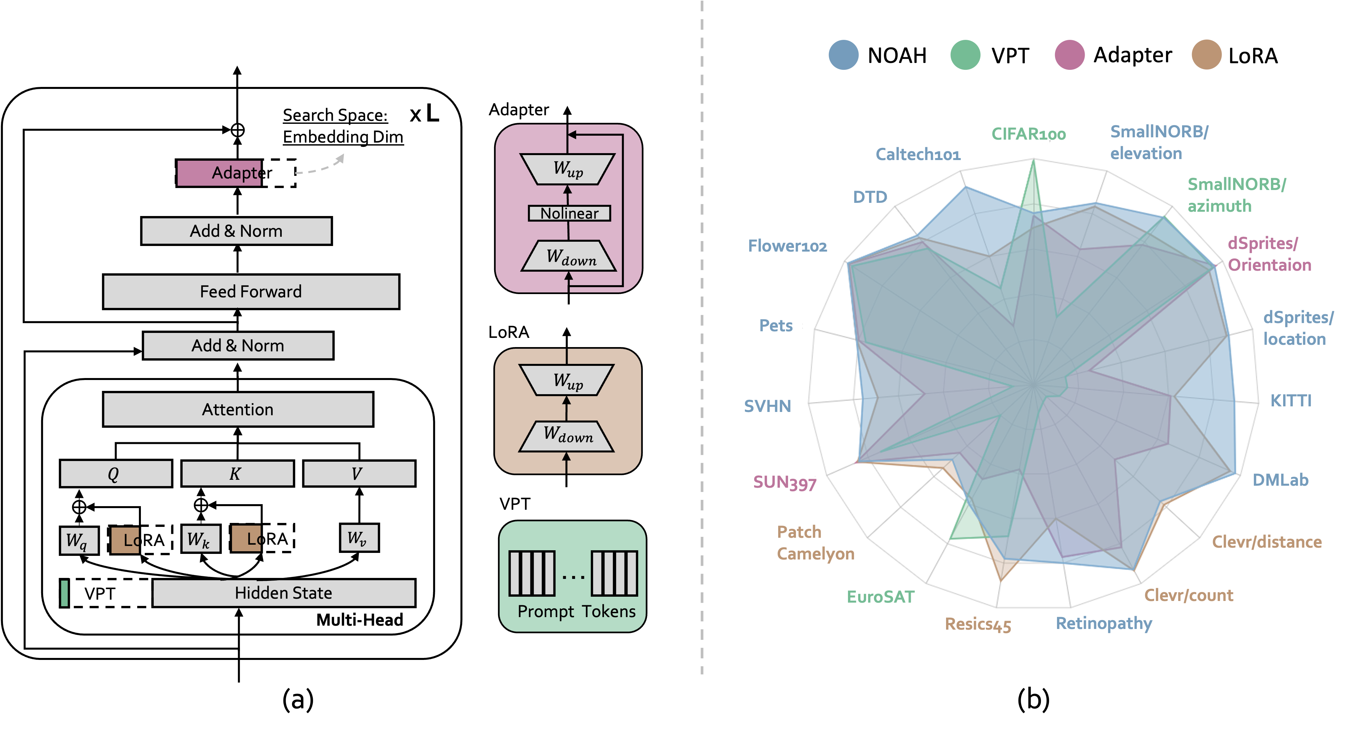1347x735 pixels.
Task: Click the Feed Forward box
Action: coord(251,291)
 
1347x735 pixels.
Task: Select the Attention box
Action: coord(238,409)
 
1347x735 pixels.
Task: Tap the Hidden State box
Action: coord(283,593)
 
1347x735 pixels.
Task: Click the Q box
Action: coord(116,474)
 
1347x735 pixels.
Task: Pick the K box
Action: coord(237,474)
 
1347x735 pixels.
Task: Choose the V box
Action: coord(359,474)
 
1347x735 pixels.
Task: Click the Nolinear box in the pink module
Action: coord(569,213)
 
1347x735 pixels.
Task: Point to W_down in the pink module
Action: coord(569,256)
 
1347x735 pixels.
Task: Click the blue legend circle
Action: coord(843,54)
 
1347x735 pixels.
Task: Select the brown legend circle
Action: coord(1206,54)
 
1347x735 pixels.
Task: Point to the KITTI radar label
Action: coord(1290,401)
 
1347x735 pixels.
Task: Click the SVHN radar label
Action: coord(768,406)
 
